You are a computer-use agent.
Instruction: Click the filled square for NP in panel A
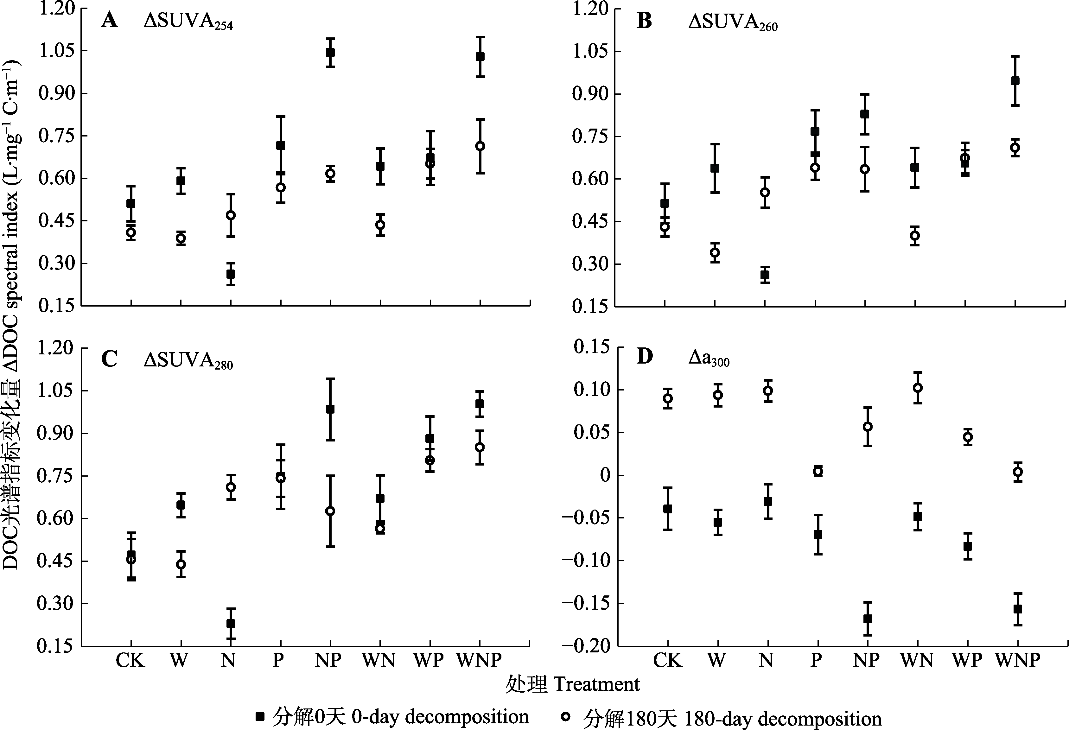coord(330,53)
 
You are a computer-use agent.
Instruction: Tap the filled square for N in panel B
coord(765,275)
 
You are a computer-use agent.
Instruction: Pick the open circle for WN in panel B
coord(915,236)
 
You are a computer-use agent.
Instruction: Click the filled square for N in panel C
coord(231,624)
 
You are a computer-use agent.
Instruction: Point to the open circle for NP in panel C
coord(330,511)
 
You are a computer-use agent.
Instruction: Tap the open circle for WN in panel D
coord(918,388)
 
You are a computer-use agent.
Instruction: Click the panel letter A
coord(109,21)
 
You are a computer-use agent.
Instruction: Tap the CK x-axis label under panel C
coord(130,661)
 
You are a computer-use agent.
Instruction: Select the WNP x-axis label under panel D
coord(1017,661)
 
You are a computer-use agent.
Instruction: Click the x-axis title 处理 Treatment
coord(572,684)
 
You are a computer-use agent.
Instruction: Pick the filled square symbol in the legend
coord(260,716)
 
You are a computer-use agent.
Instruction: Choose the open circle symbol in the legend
coord(566,716)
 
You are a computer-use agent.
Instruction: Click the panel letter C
coord(109,359)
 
